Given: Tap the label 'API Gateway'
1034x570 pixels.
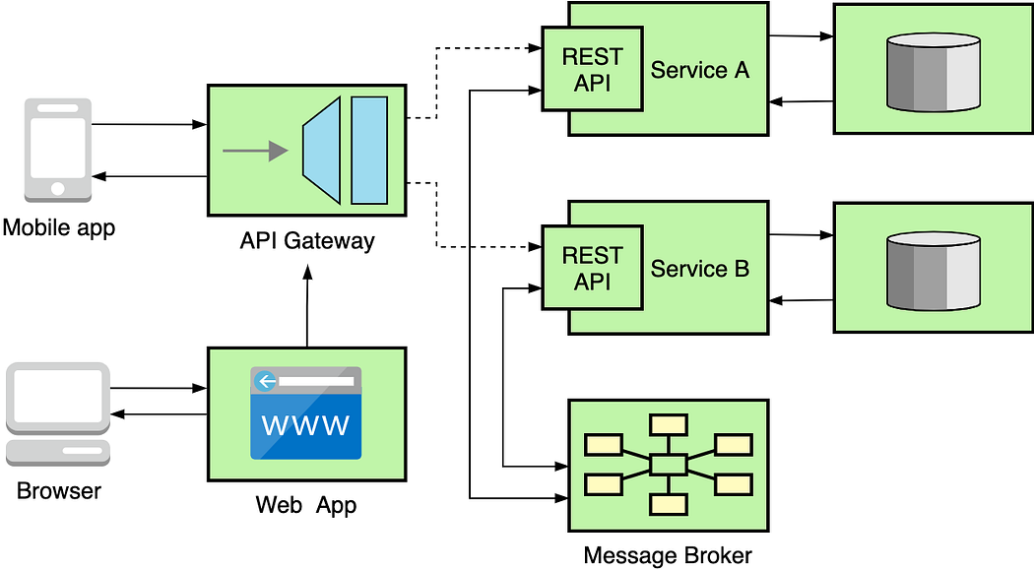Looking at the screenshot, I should pyautogui.click(x=307, y=241).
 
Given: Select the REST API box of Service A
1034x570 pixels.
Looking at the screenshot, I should pyautogui.click(x=593, y=70).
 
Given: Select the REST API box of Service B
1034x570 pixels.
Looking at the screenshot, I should pyautogui.click(x=593, y=268).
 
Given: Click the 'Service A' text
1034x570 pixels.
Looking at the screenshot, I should pyautogui.click(x=700, y=70).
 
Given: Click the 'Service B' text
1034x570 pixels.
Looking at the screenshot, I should pyautogui.click(x=700, y=269).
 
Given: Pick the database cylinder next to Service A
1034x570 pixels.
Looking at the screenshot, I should pyautogui.click(x=933, y=73).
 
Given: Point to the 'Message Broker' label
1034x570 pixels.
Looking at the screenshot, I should pyautogui.click(x=668, y=555).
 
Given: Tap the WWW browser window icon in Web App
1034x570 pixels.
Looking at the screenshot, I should pyautogui.click(x=305, y=413).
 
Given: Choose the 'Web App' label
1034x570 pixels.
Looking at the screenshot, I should pyautogui.click(x=306, y=506).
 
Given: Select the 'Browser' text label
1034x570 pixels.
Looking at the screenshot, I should pyautogui.click(x=59, y=490).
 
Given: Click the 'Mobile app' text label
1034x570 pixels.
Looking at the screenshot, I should pyautogui.click(x=59, y=228).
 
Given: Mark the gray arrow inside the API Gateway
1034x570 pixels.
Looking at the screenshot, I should pyautogui.click(x=255, y=151).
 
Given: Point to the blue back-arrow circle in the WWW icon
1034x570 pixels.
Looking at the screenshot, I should pyautogui.click(x=263, y=381).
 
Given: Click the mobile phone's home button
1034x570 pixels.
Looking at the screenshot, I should pyautogui.click(x=58, y=188).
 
